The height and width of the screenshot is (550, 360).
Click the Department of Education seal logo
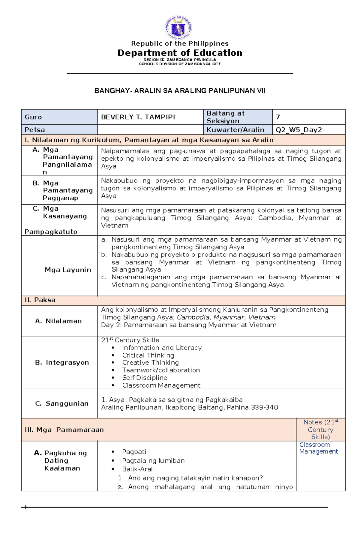pos(178,28)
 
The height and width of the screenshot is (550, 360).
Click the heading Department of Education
pos(180,53)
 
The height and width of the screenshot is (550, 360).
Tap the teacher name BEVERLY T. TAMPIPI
pos(138,117)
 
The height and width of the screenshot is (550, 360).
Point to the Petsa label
pos(35,130)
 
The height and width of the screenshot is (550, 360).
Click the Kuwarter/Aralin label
pos(235,130)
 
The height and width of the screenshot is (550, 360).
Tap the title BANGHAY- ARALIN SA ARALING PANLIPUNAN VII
pos(180,91)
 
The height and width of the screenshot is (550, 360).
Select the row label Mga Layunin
pos(68,270)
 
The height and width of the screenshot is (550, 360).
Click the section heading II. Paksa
pos(40,300)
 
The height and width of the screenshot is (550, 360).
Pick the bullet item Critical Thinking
pos(148,355)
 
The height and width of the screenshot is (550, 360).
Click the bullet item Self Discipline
pos(144,378)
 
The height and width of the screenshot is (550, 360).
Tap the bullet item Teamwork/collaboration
pos(161,370)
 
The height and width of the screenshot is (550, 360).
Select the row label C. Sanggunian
pos(62,403)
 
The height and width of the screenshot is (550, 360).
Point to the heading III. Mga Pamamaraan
pos(64,430)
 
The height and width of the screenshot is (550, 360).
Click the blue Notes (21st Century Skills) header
pos(320,430)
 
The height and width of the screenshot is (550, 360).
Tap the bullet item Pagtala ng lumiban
pos(153,461)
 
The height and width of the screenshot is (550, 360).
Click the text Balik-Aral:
pos(138,469)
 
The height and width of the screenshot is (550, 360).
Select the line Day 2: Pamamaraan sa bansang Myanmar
pos(188,325)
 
